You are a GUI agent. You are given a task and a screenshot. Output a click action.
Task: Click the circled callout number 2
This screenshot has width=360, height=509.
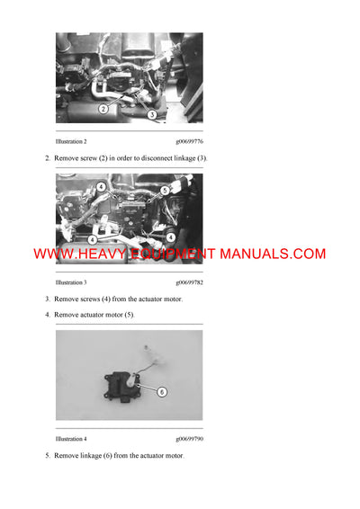[x=103, y=109]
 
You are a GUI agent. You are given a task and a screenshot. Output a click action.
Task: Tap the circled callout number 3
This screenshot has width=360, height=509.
[x=152, y=115]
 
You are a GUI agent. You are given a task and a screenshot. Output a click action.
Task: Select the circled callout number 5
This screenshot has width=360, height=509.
[x=165, y=191]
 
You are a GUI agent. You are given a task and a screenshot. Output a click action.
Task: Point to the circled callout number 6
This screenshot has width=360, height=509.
[x=162, y=391]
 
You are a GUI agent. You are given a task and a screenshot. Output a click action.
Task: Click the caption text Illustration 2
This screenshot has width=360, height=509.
[x=71, y=142]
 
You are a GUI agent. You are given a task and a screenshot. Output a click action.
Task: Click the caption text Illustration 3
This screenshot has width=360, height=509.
[x=71, y=282]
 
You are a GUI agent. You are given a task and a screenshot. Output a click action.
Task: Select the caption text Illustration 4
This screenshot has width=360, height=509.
[x=71, y=439]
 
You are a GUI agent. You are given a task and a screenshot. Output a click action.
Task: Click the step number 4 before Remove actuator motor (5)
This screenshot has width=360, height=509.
[x=48, y=315]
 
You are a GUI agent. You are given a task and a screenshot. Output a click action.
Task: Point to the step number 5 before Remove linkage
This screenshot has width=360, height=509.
[x=48, y=456]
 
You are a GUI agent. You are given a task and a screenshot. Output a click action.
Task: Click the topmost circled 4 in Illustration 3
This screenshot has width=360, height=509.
[x=101, y=187]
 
